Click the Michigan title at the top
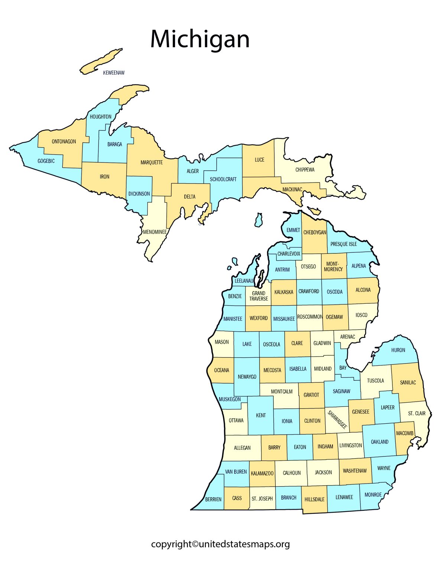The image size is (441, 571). coord(200,39)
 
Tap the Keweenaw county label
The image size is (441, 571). coord(114,73)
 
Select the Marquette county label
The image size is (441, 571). coord(152,162)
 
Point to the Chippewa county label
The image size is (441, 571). coord(305,170)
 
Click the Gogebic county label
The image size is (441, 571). coord(46,161)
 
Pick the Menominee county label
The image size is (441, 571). coord(155,232)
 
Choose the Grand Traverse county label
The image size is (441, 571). coord(259,296)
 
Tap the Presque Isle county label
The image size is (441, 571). coord(344,244)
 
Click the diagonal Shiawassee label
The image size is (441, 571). coord(337,419)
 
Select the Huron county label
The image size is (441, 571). coord(398,350)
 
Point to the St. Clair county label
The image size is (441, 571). coord(416,413)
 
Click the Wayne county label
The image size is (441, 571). coord(384,468)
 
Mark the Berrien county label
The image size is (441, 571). coord(213,499)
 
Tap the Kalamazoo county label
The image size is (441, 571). coord(262,474)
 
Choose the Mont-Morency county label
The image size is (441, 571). coord(333,267)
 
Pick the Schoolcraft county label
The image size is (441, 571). coord(223,179)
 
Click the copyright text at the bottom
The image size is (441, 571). coord(220,544)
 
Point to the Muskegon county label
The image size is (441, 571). coord(230,399)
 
